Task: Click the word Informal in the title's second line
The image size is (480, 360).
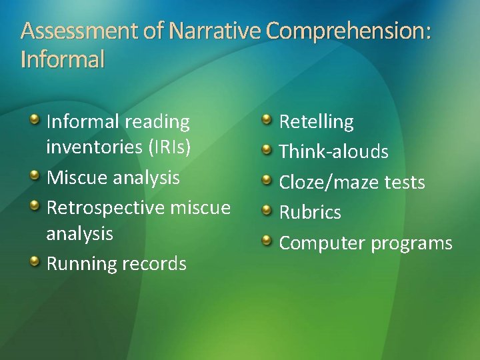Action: [63, 60]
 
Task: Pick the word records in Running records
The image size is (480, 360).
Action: [155, 263]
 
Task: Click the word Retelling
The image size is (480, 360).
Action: [316, 122]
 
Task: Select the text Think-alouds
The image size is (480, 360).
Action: [333, 152]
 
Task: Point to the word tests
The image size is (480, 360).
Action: [404, 182]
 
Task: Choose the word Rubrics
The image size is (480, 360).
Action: [310, 212]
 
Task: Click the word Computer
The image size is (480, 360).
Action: [322, 243]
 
